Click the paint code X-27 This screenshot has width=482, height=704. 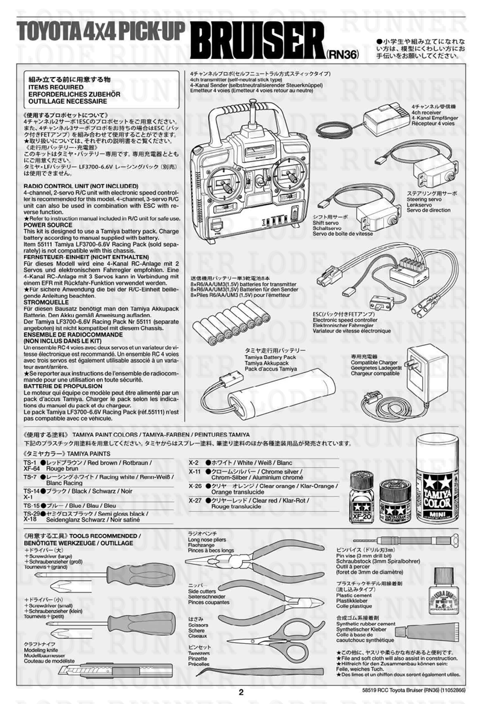coord(194,500)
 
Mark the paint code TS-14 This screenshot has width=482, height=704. coord(31,491)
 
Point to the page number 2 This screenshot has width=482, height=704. coord(241,692)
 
